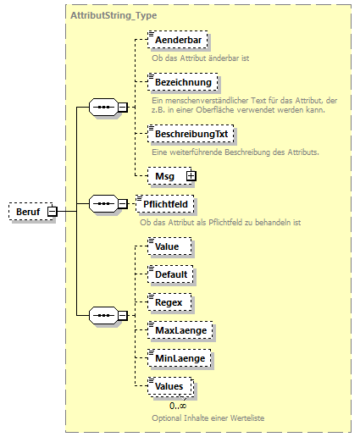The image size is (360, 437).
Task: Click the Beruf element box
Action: [x=27, y=211]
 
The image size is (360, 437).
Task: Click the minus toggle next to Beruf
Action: [x=52, y=211]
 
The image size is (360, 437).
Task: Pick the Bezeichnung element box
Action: [x=182, y=82]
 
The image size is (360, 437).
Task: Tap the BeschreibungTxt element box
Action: [x=189, y=134]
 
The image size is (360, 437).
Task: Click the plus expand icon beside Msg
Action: [x=191, y=175]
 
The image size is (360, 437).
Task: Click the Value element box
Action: [x=167, y=246]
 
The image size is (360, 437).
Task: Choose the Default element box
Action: [x=171, y=274]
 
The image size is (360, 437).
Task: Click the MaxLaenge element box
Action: [x=180, y=329]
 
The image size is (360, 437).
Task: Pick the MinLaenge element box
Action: [x=179, y=357]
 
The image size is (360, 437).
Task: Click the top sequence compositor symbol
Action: [x=103, y=108]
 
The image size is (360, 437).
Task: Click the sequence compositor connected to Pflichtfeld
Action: [x=103, y=204]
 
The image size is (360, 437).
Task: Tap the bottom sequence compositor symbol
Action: [x=103, y=316]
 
